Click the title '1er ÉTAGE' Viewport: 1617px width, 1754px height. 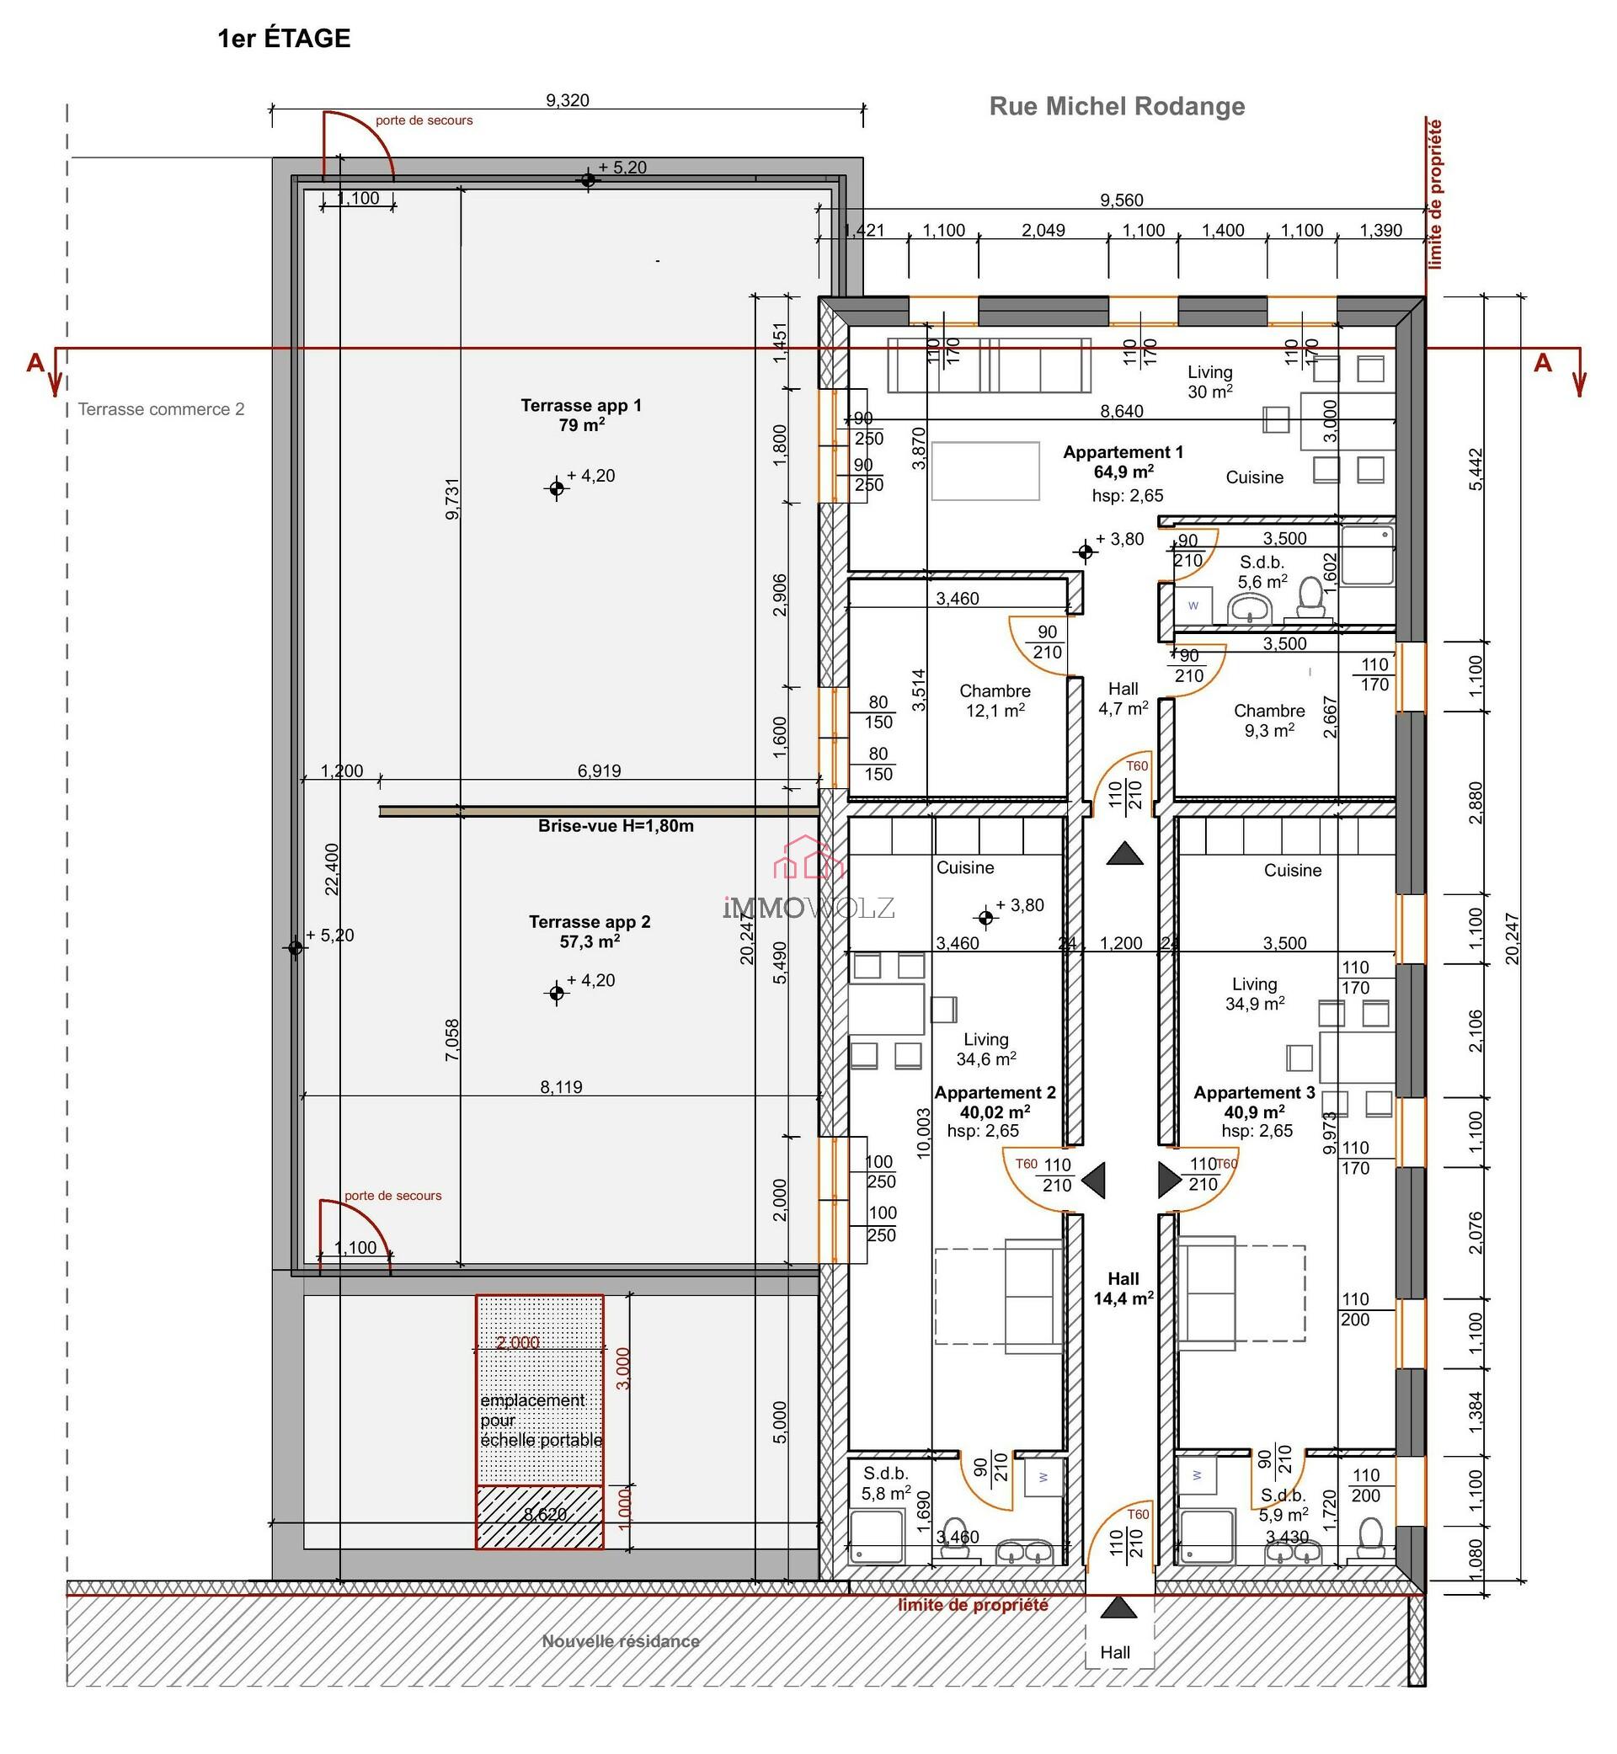[284, 39]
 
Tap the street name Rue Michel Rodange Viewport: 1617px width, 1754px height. [1117, 107]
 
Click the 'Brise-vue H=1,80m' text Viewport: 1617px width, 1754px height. [615, 826]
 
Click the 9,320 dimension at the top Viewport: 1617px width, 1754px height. [567, 100]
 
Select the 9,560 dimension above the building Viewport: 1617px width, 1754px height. [1121, 200]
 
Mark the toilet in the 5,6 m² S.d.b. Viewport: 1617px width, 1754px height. [1310, 597]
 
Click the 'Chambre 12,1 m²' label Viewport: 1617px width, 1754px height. [995, 701]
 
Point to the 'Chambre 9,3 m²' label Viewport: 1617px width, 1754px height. [1268, 720]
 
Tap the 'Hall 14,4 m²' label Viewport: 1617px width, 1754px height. [1123, 1288]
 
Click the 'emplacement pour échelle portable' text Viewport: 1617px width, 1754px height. [540, 1420]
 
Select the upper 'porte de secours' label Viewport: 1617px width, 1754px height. [424, 120]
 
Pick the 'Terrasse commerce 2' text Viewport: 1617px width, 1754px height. [161, 409]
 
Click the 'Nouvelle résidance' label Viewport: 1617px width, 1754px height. [621, 1641]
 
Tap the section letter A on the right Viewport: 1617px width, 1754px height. [1542, 363]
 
